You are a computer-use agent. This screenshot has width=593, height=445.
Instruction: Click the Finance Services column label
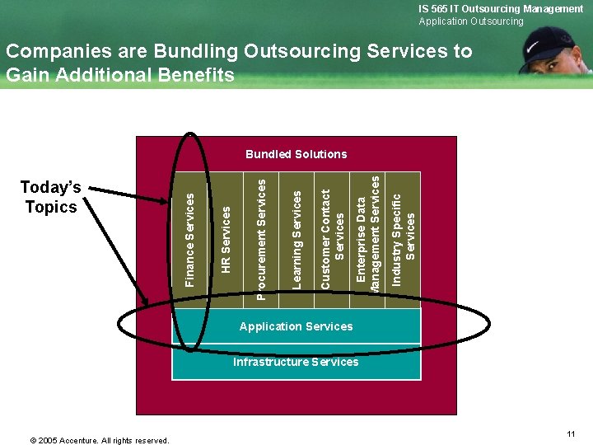pyautogui.click(x=190, y=240)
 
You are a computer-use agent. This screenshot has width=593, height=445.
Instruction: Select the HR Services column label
pyautogui.click(x=226, y=240)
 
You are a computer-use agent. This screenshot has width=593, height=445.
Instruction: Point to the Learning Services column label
pyautogui.click(x=297, y=239)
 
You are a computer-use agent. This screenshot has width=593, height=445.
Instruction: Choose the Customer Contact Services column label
pyautogui.click(x=332, y=239)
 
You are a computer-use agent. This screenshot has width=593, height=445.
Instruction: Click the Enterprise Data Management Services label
pyautogui.click(x=368, y=235)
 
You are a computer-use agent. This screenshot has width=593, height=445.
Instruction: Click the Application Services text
pyautogui.click(x=296, y=326)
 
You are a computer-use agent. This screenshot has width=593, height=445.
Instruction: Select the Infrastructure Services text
pyautogui.click(x=296, y=362)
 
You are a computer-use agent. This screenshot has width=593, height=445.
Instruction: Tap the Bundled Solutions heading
pyautogui.click(x=296, y=154)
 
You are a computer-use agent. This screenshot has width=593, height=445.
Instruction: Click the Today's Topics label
pyautogui.click(x=51, y=198)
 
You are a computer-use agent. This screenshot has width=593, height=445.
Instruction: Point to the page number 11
pyautogui.click(x=571, y=433)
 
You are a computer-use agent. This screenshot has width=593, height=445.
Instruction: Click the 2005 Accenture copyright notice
pyautogui.click(x=100, y=440)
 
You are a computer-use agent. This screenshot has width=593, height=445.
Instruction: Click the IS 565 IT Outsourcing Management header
pyautogui.click(x=500, y=8)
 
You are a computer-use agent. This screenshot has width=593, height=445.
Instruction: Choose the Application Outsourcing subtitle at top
pyautogui.click(x=470, y=21)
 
